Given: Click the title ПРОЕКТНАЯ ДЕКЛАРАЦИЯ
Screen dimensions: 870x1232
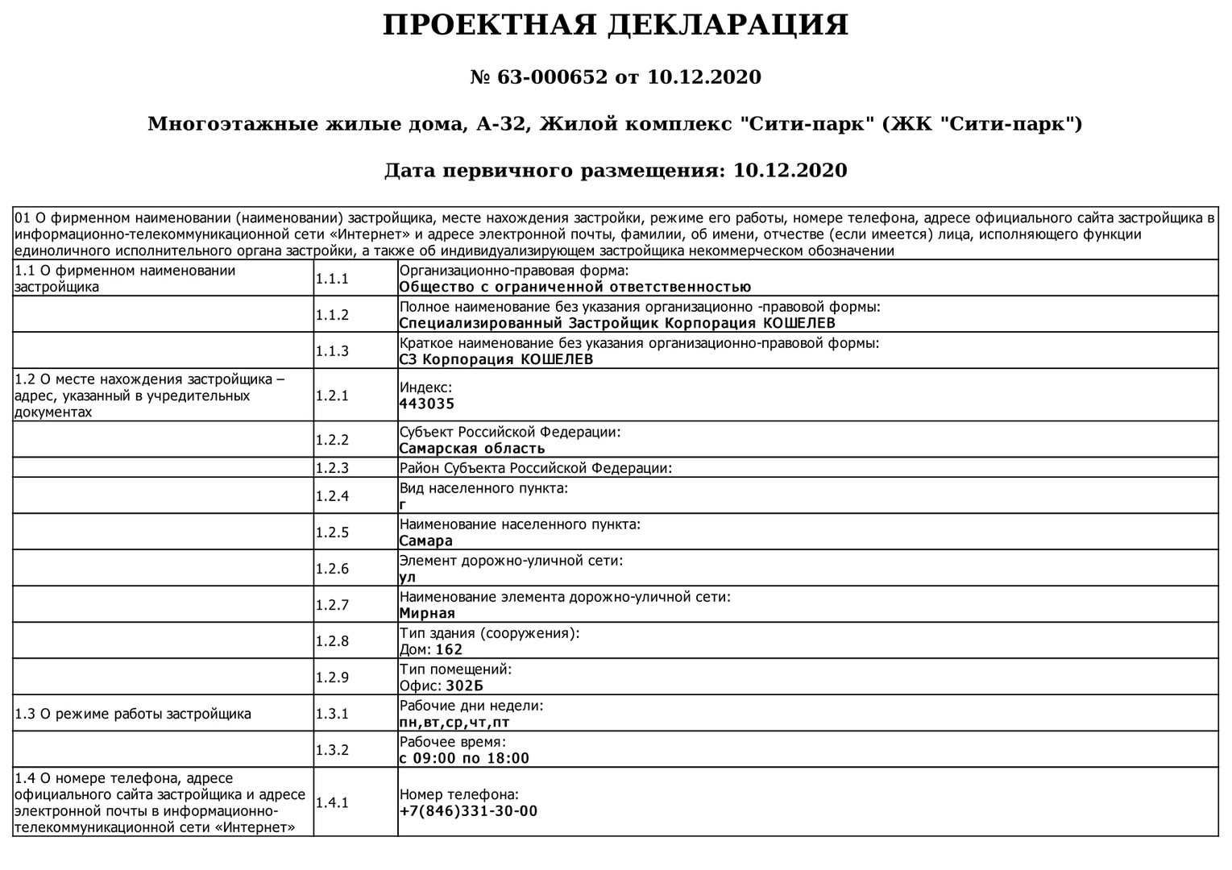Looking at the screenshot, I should pos(615,26).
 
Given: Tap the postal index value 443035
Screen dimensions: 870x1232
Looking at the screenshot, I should pos(426,404).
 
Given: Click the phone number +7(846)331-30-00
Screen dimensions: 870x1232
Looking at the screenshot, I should pos(468,811).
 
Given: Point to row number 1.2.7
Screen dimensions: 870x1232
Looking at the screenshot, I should pos(332,605).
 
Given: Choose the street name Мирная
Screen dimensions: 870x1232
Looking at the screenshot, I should pos(427,614).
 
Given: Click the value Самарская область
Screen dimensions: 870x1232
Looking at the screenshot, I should pos(472,449).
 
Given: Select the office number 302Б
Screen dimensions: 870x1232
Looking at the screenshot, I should pos(464,686).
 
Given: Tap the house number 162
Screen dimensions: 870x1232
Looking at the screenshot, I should pos(449,650).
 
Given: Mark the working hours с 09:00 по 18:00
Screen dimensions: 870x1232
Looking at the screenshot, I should pos(464,759).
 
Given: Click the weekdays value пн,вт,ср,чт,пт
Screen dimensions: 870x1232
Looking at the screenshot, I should pos(454,723).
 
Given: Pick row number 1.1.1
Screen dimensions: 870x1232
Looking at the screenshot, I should pos(332,279).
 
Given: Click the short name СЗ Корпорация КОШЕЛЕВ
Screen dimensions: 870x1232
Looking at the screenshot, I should pos(496,360).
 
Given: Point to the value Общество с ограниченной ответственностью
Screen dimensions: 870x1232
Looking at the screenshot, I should pos(575,288).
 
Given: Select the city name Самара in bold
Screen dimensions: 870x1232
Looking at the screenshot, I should pos(426,541).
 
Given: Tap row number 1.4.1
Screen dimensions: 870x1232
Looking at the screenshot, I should pos(332,802).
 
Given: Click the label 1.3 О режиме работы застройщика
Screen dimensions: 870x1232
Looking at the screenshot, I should pos(133,714).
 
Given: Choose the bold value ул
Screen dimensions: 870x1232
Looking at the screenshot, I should pos(408,578).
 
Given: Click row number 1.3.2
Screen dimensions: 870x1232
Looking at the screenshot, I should pos(332,750).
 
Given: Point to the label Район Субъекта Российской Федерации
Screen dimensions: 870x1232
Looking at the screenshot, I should pos(535,468).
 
